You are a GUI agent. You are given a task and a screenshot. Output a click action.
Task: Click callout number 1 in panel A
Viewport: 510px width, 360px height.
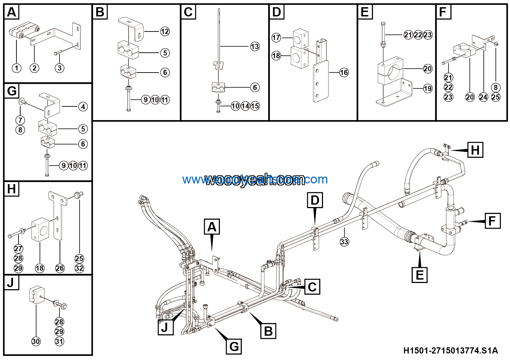(x=16, y=68)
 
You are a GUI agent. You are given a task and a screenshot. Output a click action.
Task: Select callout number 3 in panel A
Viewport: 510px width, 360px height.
(x=60, y=68)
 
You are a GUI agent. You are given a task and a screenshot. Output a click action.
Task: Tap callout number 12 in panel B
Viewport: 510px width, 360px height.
(x=165, y=31)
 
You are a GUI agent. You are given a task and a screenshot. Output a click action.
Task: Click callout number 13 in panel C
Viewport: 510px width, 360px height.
(x=255, y=47)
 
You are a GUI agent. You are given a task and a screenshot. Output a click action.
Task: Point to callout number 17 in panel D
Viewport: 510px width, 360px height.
(x=276, y=38)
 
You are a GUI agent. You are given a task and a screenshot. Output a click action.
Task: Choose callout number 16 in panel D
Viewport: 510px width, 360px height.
(x=344, y=73)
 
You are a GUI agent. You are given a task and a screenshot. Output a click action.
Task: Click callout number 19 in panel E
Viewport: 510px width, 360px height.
(x=428, y=89)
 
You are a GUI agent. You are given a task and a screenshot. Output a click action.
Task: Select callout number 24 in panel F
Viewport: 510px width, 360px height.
(x=483, y=97)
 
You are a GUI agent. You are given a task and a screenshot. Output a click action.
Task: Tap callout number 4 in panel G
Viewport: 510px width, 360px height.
(x=83, y=107)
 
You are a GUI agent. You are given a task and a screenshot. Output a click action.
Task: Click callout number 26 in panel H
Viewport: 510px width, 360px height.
(x=60, y=268)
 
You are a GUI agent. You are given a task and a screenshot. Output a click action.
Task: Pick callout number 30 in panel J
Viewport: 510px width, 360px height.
(x=36, y=341)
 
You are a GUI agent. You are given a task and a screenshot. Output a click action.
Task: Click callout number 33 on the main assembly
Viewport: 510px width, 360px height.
(x=344, y=242)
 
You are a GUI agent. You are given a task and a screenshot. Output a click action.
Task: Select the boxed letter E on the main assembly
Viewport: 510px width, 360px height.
(x=420, y=274)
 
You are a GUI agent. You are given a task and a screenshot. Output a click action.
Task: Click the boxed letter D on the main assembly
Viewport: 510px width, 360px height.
(x=315, y=200)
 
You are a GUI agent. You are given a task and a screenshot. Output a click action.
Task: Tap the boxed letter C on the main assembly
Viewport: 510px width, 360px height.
(x=312, y=286)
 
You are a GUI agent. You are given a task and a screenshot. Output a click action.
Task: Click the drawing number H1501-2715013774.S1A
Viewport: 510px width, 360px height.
(x=450, y=351)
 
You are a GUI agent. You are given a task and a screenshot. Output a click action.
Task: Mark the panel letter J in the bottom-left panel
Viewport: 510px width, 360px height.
(x=11, y=283)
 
